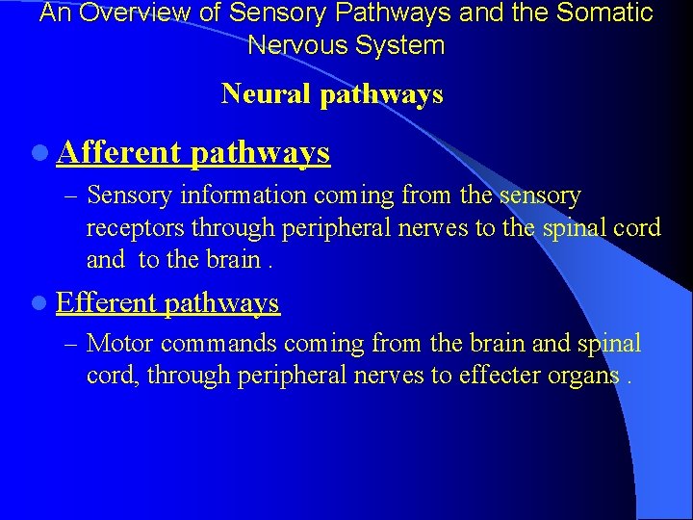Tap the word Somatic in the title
(603, 13)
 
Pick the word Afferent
(118, 152)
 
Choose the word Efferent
(106, 303)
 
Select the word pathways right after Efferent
(221, 304)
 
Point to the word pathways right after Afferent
(260, 153)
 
